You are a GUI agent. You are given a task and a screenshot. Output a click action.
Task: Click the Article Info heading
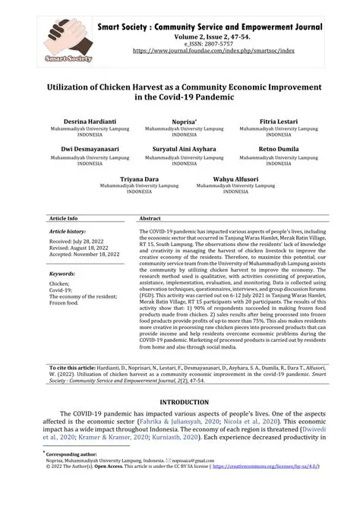coord(64,218)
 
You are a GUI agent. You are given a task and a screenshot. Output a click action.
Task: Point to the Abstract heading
coord(150,218)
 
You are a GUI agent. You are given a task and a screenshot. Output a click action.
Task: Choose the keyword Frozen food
coord(65,303)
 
